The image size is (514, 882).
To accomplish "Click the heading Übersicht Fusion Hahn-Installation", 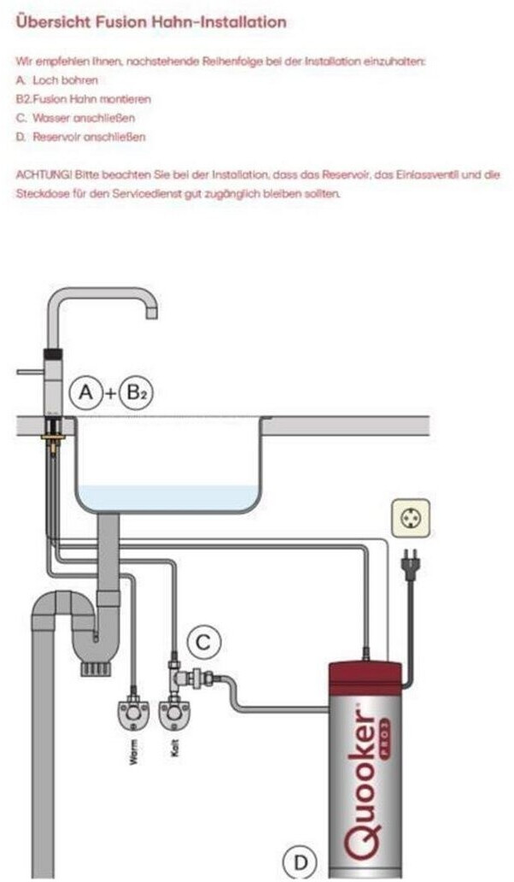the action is click(150, 22).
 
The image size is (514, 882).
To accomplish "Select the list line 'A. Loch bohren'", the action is click(56, 79).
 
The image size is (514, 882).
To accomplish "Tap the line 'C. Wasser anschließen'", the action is click(75, 118).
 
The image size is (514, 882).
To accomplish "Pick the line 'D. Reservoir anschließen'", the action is click(81, 137).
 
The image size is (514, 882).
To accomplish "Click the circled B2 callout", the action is click(134, 392).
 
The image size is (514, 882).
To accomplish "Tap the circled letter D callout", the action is click(300, 861).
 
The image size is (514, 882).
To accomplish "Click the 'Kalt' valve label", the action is click(175, 753).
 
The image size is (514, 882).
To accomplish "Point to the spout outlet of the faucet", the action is click(151, 312).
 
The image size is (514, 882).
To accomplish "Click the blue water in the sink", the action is click(167, 497).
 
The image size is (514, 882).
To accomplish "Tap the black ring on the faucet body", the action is click(53, 352).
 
